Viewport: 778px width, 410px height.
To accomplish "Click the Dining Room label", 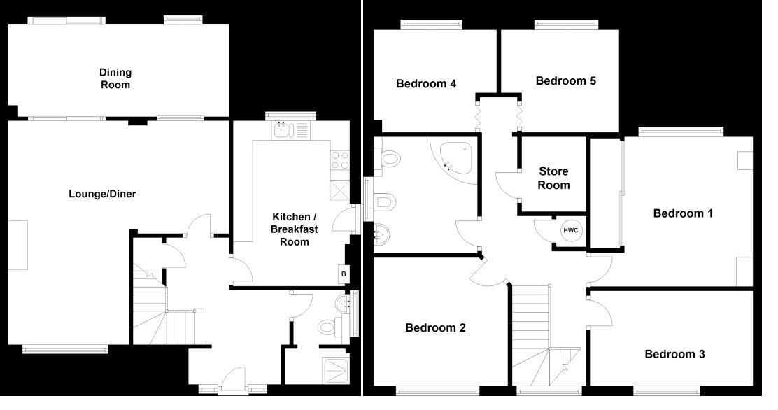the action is coord(115,78).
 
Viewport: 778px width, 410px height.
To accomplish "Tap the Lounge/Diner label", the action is coord(102,194).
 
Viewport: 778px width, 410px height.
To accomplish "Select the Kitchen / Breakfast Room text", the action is coord(295,229).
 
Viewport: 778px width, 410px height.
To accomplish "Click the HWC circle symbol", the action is coord(571,231).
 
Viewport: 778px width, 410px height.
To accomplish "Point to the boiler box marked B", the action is coord(344,274).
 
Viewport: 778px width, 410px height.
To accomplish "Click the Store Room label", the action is coord(553,178).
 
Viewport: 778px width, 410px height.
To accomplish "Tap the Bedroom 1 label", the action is coord(683,213).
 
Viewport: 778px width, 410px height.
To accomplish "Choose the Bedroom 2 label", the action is coord(435,327).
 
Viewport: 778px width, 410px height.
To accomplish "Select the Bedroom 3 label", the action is coord(674,354).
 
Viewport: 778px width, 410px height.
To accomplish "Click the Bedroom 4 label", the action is coord(425,83).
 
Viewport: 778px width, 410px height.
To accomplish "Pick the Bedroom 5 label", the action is coord(565,81).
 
